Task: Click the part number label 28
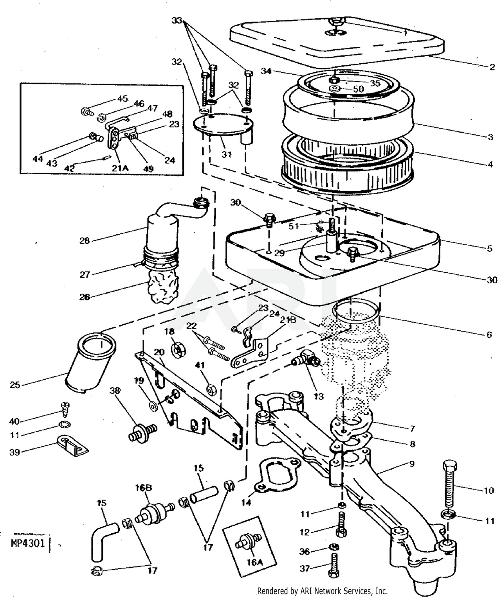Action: click(84, 241)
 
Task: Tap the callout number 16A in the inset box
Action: click(254, 562)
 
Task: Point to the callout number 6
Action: click(488, 335)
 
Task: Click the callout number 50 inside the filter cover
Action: click(358, 89)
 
